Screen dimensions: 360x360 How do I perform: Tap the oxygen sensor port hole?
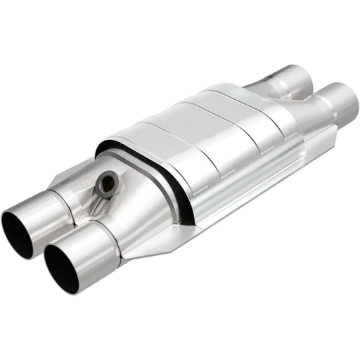108,184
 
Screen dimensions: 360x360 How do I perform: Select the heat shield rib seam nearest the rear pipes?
257,105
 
